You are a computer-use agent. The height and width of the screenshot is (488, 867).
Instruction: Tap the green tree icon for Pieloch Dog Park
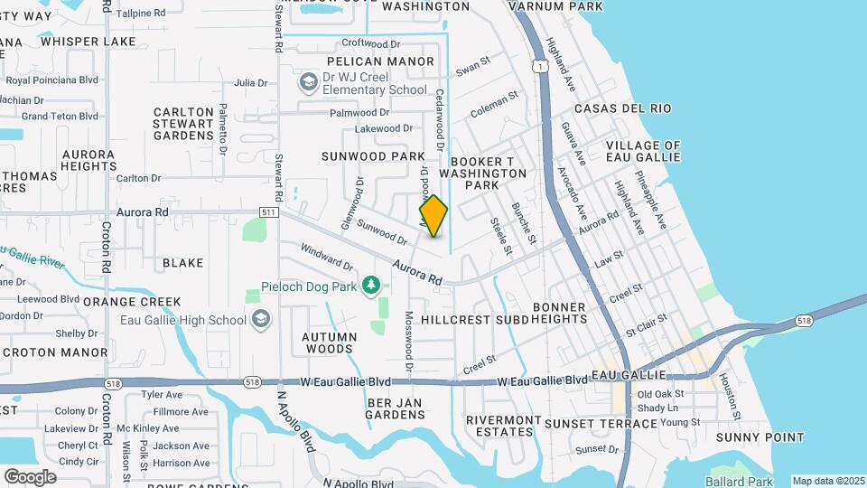[x=370, y=286]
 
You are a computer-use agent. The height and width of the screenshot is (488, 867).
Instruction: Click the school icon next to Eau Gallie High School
[x=261, y=319]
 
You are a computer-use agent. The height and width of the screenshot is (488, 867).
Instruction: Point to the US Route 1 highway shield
[x=539, y=66]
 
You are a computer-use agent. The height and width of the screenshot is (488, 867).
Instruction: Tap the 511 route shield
[x=266, y=212]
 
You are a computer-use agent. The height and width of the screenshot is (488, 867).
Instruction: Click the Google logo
[x=30, y=476]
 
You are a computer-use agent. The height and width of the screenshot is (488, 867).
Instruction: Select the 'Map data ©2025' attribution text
[x=828, y=481]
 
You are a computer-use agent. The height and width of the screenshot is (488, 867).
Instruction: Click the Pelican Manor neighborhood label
[x=380, y=61]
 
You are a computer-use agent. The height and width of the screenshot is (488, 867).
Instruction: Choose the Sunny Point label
[x=760, y=437]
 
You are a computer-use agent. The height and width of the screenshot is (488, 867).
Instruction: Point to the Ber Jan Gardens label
[x=395, y=408]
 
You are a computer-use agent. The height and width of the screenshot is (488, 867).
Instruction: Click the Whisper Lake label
[x=88, y=41]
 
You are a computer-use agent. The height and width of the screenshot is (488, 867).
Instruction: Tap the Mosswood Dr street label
[x=408, y=343]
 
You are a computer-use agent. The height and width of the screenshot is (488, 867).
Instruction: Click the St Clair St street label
[x=645, y=325]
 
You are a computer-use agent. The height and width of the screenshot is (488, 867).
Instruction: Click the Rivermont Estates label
[x=503, y=426]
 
